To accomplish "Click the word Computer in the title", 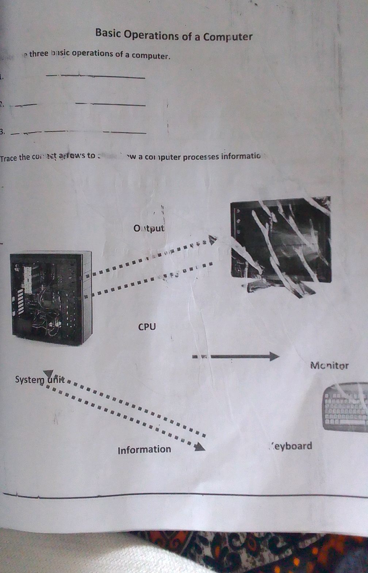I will pyautogui.click(x=228, y=36).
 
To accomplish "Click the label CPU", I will pyautogui.click(x=147, y=327).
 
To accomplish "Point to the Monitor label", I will pyautogui.click(x=329, y=365).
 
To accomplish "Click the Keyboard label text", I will pyautogui.click(x=291, y=446).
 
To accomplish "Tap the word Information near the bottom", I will pyautogui.click(x=144, y=449).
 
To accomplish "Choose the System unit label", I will pyautogui.click(x=40, y=380).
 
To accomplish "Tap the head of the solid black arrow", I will pyautogui.click(x=274, y=357).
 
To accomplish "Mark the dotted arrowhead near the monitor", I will pyautogui.click(x=212, y=240).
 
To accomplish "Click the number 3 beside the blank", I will pyautogui.click(x=2, y=132).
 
